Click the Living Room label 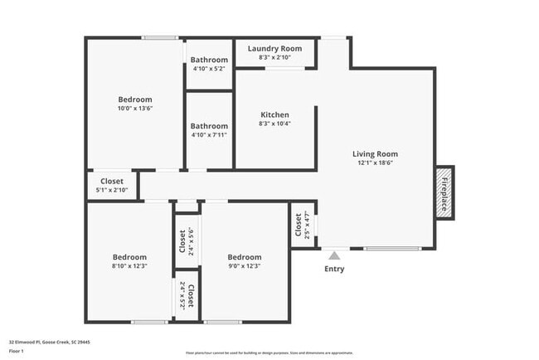click(x=375, y=153)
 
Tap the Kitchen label click(x=274, y=114)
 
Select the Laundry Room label click(x=274, y=48)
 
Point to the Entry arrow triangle click(x=334, y=256)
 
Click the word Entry click(x=334, y=269)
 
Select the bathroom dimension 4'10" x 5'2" click(x=209, y=69)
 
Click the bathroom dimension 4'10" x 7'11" click(x=209, y=135)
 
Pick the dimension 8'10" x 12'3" click(x=129, y=266)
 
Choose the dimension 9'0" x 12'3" click(x=244, y=266)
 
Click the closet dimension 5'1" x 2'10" click(x=112, y=191)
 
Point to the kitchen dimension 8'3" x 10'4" click(x=274, y=124)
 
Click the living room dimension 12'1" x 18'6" click(x=375, y=163)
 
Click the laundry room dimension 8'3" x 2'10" click(x=274, y=57)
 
